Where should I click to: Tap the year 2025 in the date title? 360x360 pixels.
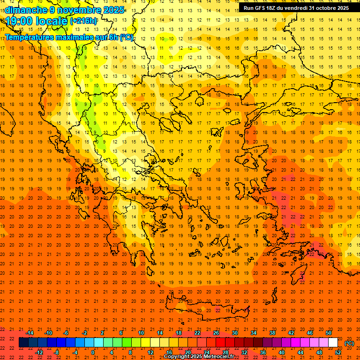click(x=113, y=10)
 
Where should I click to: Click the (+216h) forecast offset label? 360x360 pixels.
click(x=83, y=22)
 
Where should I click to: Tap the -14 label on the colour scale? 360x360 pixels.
click(x=29, y=333)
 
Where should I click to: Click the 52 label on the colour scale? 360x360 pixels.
click(x=338, y=352)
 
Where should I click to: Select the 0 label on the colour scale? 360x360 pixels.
click(x=93, y=352)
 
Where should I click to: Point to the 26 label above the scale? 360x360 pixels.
click(x=216, y=333)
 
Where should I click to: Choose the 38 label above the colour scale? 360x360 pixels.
click(x=272, y=333)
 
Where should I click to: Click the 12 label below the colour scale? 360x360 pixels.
click(x=150, y=352)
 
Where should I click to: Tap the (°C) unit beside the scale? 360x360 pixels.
click(x=349, y=343)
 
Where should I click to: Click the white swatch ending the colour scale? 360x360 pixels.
click(x=333, y=343)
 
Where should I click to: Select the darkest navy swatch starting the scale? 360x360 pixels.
click(x=24, y=343)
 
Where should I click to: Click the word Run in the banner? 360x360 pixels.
click(x=248, y=8)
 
